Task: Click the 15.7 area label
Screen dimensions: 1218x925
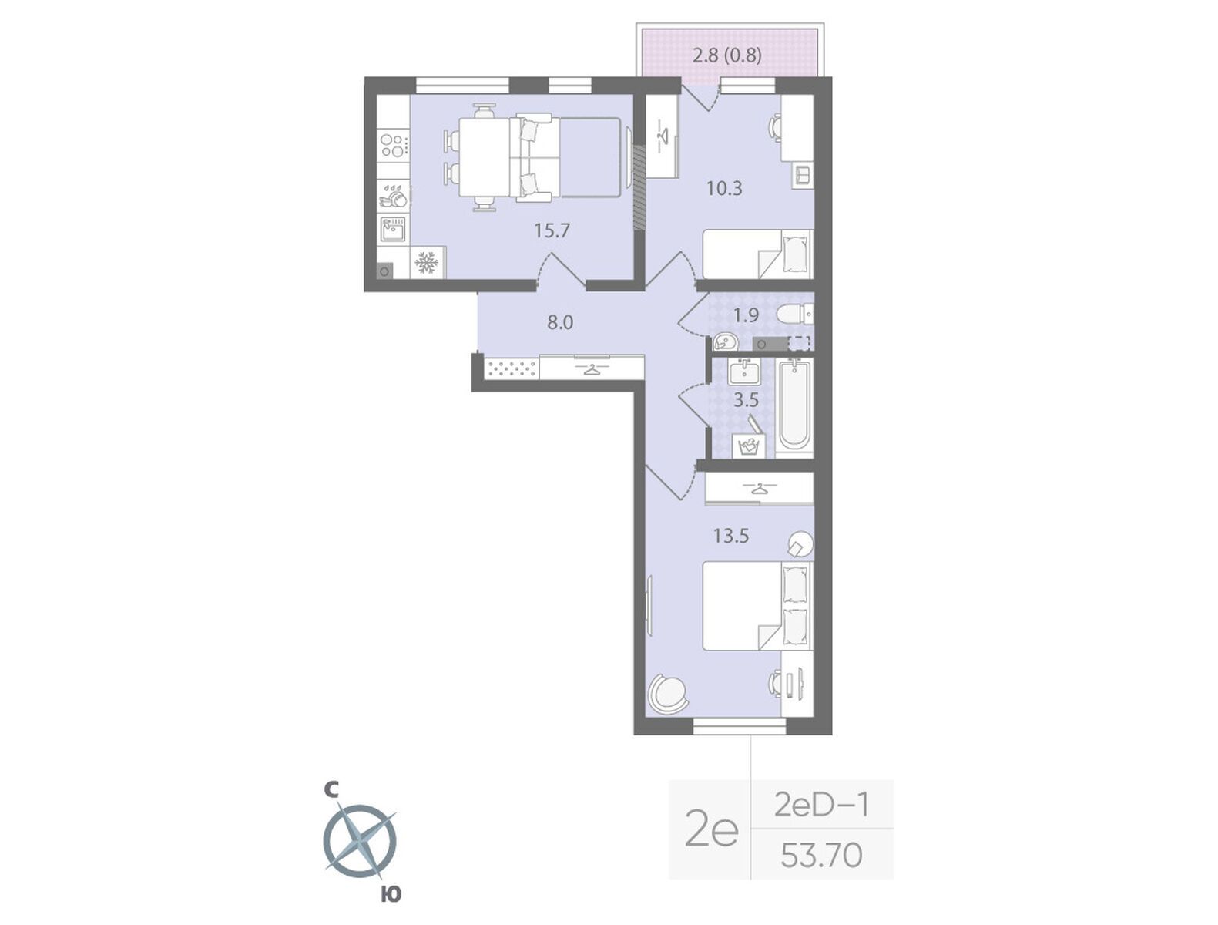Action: tap(552, 230)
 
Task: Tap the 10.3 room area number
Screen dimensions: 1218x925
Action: tap(724, 188)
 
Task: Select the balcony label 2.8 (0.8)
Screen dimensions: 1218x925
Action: tap(727, 55)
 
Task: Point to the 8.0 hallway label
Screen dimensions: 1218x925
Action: tap(560, 322)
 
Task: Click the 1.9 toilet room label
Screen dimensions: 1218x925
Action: tap(746, 315)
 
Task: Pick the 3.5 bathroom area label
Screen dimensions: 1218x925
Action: tap(746, 400)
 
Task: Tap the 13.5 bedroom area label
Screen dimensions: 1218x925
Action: tap(731, 536)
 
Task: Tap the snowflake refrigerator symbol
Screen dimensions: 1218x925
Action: tap(427, 263)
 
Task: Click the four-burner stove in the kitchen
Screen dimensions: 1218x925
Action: tap(393, 146)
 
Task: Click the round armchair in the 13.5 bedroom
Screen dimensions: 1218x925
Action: tap(666, 695)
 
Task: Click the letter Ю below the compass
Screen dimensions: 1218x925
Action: tap(391, 895)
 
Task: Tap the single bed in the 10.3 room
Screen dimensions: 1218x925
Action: tap(757, 254)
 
